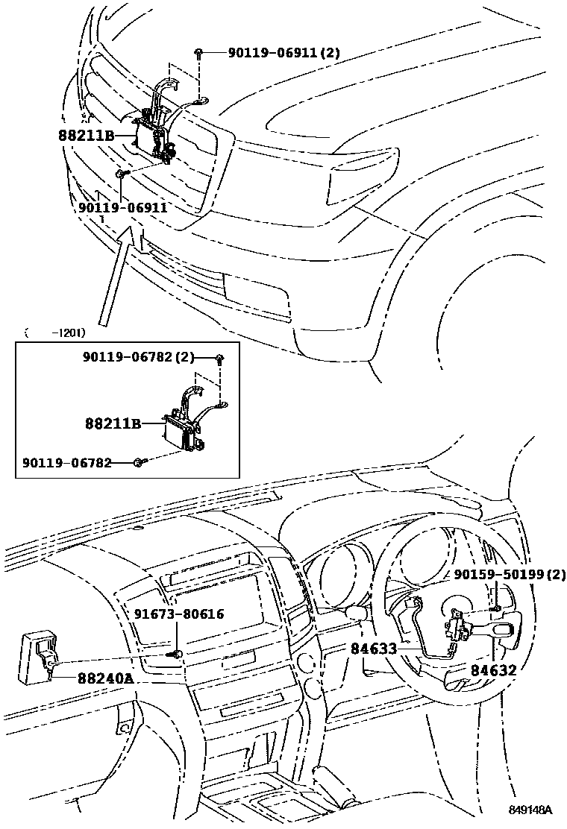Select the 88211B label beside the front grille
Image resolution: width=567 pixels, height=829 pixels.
(x=85, y=136)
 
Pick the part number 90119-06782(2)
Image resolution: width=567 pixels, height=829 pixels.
(x=137, y=359)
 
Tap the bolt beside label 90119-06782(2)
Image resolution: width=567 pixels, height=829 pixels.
(x=220, y=359)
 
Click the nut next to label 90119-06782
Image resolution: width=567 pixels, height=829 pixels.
(x=139, y=463)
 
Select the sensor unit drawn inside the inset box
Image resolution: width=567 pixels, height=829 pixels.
(x=183, y=430)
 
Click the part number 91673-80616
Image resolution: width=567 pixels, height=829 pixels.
(x=179, y=614)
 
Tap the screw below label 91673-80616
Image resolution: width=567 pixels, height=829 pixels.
(x=177, y=655)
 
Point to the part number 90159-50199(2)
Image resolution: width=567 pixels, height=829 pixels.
(x=510, y=574)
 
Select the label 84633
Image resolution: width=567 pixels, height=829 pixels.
(x=373, y=649)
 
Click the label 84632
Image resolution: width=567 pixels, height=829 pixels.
(x=493, y=670)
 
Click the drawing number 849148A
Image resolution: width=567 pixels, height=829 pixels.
(x=530, y=810)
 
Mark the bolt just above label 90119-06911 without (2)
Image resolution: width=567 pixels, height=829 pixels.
(x=121, y=174)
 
